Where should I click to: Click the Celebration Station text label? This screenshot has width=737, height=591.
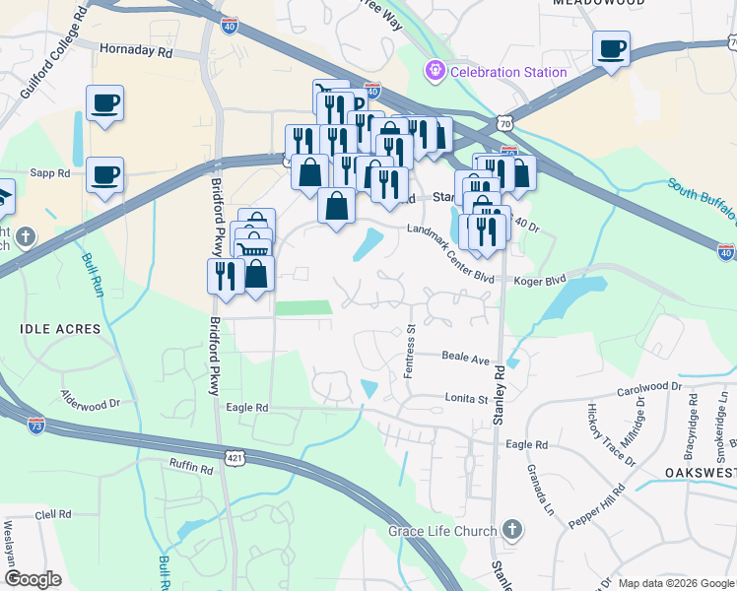point(508,72)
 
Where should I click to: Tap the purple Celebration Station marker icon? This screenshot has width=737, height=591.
point(434,71)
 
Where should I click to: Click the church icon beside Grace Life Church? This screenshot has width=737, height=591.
point(510,531)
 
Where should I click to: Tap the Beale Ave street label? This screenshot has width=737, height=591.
point(465,359)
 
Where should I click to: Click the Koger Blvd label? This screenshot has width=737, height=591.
point(540,279)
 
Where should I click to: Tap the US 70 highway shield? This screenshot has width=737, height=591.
point(504,123)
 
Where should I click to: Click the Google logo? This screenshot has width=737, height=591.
point(33,578)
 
